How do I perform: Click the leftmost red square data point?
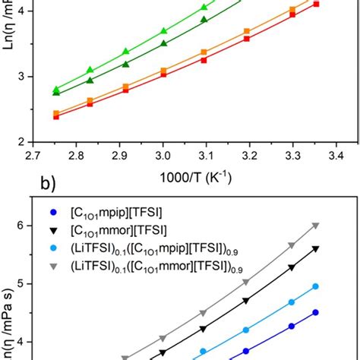pos(56,117)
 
